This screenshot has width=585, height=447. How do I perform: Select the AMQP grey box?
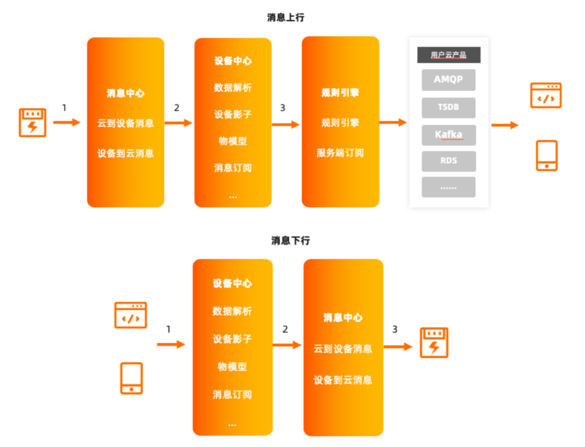click(x=448, y=80)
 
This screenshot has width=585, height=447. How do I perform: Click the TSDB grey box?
click(x=448, y=107)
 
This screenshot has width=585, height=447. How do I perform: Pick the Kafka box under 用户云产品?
click(x=448, y=134)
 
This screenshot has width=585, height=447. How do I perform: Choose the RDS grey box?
click(x=448, y=161)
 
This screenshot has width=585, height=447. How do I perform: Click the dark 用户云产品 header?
click(x=448, y=55)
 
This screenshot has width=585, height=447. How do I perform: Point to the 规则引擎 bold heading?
click(x=340, y=93)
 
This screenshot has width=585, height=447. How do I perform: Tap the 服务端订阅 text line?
click(x=340, y=153)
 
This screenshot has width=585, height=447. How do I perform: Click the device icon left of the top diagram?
click(x=33, y=122)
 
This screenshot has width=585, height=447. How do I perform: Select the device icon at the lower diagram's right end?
click(x=434, y=342)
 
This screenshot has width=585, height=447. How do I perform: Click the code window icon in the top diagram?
click(x=545, y=95)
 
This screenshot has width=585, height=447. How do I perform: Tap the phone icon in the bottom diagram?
click(x=131, y=378)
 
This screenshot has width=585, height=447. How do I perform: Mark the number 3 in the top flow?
click(x=282, y=108)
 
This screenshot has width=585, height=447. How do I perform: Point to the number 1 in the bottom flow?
click(x=168, y=329)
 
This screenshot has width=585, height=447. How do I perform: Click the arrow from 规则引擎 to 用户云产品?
click(x=393, y=123)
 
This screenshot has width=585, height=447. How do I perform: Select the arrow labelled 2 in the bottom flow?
click(x=287, y=345)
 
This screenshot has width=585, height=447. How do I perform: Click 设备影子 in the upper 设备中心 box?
click(x=233, y=115)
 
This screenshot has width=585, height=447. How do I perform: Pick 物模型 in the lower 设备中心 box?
click(x=232, y=367)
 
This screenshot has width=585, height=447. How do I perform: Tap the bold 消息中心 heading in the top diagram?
click(x=126, y=93)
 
